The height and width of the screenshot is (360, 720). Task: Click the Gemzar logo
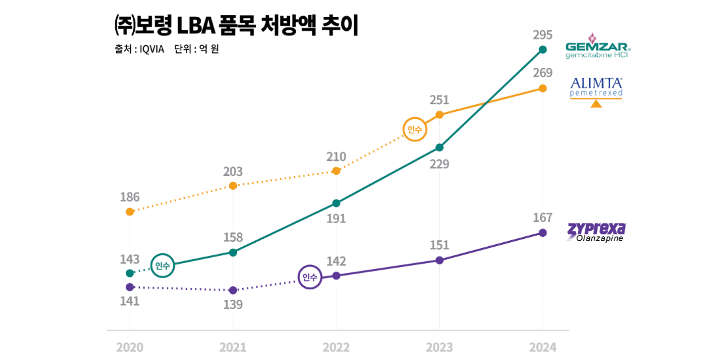click(597, 46)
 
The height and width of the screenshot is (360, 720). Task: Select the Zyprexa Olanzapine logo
click(596, 232)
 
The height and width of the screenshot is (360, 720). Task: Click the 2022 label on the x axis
click(336, 346)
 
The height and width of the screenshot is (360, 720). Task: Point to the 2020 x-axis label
click(130, 346)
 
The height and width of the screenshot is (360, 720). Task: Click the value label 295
click(542, 35)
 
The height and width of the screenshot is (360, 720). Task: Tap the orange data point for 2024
click(542, 88)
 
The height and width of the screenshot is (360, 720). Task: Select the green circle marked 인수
click(162, 265)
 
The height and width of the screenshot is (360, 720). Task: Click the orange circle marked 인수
click(414, 130)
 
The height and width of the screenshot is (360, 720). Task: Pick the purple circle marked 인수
click(310, 278)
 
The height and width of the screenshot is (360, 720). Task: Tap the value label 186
click(130, 197)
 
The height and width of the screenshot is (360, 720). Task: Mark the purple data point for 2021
click(232, 290)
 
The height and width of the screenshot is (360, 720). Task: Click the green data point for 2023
click(439, 147)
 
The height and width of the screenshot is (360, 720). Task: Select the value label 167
click(542, 217)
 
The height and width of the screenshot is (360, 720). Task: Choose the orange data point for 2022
click(336, 171)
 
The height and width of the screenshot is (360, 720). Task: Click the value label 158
click(232, 238)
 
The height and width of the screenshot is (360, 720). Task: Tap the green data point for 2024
click(542, 50)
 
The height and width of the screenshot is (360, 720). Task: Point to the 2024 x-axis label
click(542, 346)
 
